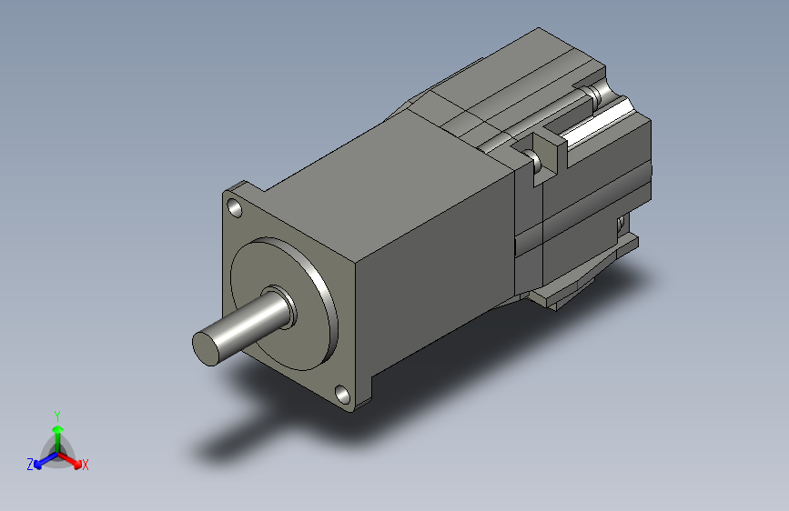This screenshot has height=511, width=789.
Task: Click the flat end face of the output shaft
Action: point(207,348)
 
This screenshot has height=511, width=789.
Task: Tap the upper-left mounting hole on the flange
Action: point(235,207)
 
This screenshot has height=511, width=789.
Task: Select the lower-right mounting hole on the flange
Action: point(342,395)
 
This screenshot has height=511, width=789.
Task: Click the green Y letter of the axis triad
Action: point(57,416)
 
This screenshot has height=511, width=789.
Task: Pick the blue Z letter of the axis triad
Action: point(30,465)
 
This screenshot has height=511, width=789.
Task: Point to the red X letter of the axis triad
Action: point(85,465)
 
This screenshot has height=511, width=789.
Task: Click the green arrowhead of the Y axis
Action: point(58,430)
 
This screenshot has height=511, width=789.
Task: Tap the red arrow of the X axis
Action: point(70,460)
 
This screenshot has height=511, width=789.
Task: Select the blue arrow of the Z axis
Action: point(46,460)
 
